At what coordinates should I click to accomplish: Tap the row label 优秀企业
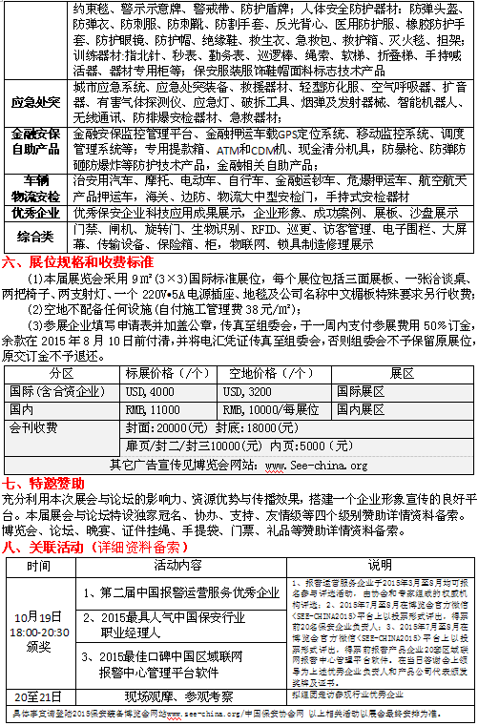(x=35, y=213)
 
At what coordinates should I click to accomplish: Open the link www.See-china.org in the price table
(x=315, y=465)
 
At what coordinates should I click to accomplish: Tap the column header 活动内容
(x=178, y=565)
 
